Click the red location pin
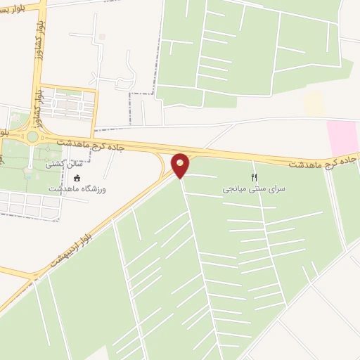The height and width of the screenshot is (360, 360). point(181,165)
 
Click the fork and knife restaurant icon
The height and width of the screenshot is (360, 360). point(255,177)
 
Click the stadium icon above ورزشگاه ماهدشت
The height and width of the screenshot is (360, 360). point(77,178)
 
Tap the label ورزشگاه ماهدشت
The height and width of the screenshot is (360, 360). point(77,189)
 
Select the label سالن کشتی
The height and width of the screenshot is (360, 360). point(64,165)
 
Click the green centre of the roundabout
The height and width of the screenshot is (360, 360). point(32,136)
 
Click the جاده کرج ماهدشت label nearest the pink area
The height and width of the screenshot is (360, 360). point(324,162)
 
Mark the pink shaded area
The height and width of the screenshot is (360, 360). point(343,136)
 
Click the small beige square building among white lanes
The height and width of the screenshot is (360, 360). point(102,37)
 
